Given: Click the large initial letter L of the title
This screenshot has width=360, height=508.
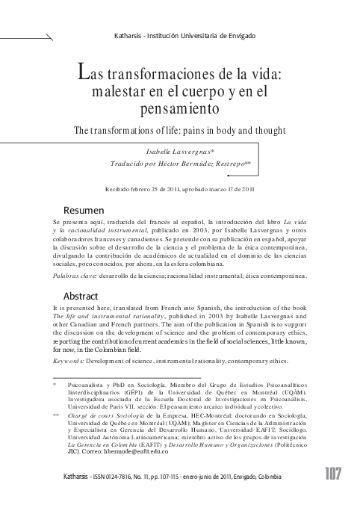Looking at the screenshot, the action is tap(84, 74).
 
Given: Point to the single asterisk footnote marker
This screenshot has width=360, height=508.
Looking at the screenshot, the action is tap(55, 382).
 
